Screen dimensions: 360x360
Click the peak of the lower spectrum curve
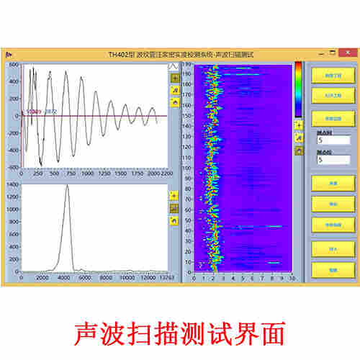click(67, 186)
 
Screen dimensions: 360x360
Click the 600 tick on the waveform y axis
click(14, 65)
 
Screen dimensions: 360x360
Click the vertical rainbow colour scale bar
click(298, 88)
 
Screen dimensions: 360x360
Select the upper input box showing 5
click(332, 140)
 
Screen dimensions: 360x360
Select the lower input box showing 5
click(332, 160)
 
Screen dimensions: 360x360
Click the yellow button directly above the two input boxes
click(332, 117)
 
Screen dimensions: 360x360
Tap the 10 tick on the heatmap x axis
click(291, 277)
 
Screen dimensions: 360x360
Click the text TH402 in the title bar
click(117, 54)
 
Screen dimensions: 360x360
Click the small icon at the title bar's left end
click(7, 54)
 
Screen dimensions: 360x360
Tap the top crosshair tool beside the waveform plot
click(174, 77)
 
